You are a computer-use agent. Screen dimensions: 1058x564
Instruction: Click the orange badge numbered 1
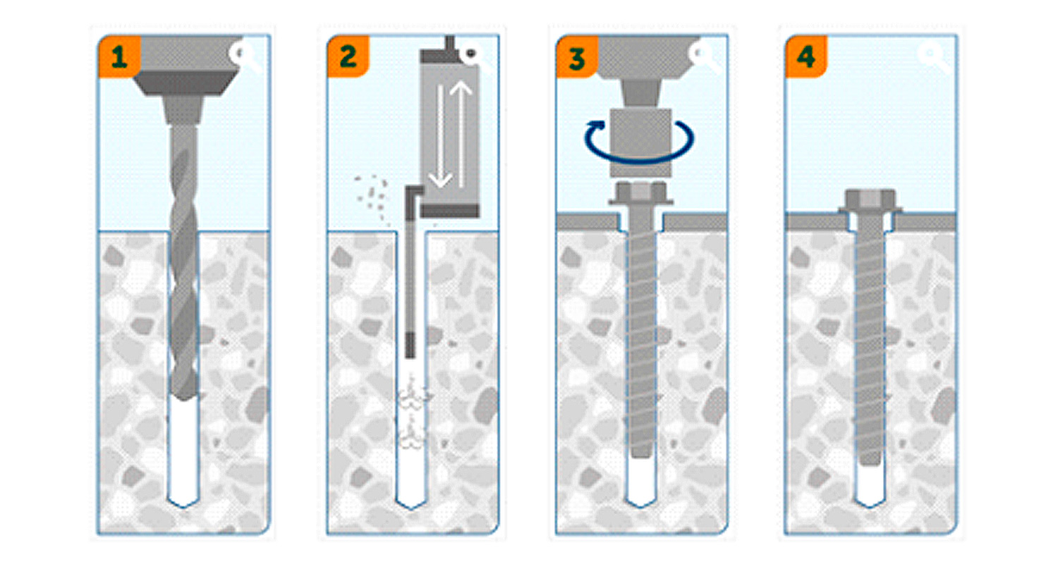point(118,56)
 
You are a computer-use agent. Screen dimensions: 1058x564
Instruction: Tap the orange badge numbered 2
point(348,56)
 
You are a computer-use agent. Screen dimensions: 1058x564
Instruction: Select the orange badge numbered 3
point(577,56)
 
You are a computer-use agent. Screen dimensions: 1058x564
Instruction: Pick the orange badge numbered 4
point(806,56)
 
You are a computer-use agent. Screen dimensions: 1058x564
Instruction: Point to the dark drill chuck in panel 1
point(185,83)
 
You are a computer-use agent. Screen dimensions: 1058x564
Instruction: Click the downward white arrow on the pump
point(441,136)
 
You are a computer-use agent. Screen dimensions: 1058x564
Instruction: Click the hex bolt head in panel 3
point(640,193)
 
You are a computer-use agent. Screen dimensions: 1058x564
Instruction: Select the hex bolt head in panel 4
point(870,202)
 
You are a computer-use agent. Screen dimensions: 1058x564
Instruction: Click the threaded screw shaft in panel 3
point(641,331)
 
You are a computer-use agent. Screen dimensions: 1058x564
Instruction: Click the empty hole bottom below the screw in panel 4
point(870,486)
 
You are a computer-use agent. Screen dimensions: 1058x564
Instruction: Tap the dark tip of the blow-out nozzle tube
point(411,345)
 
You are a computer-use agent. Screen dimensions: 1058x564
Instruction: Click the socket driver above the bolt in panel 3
point(640,142)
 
